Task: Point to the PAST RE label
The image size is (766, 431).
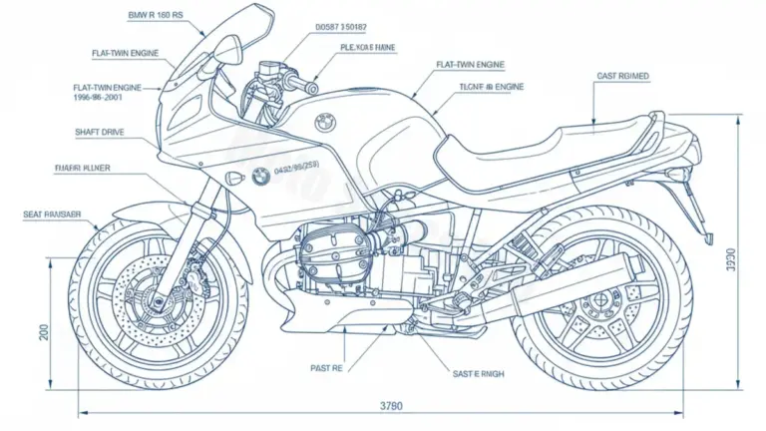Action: (x=326, y=368)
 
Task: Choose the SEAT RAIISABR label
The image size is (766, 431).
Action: (x=53, y=215)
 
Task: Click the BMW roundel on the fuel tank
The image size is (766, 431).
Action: (x=324, y=123)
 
